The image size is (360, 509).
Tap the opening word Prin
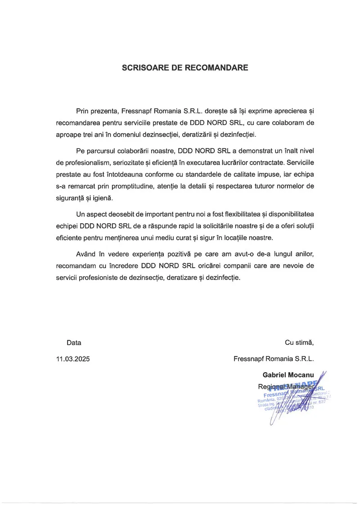click(83, 110)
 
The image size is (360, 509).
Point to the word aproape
click(68, 134)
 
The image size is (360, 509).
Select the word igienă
click(105, 198)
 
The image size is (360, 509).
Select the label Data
click(74, 342)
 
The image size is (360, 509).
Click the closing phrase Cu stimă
click(299, 342)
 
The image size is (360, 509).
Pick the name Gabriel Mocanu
click(288, 375)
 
